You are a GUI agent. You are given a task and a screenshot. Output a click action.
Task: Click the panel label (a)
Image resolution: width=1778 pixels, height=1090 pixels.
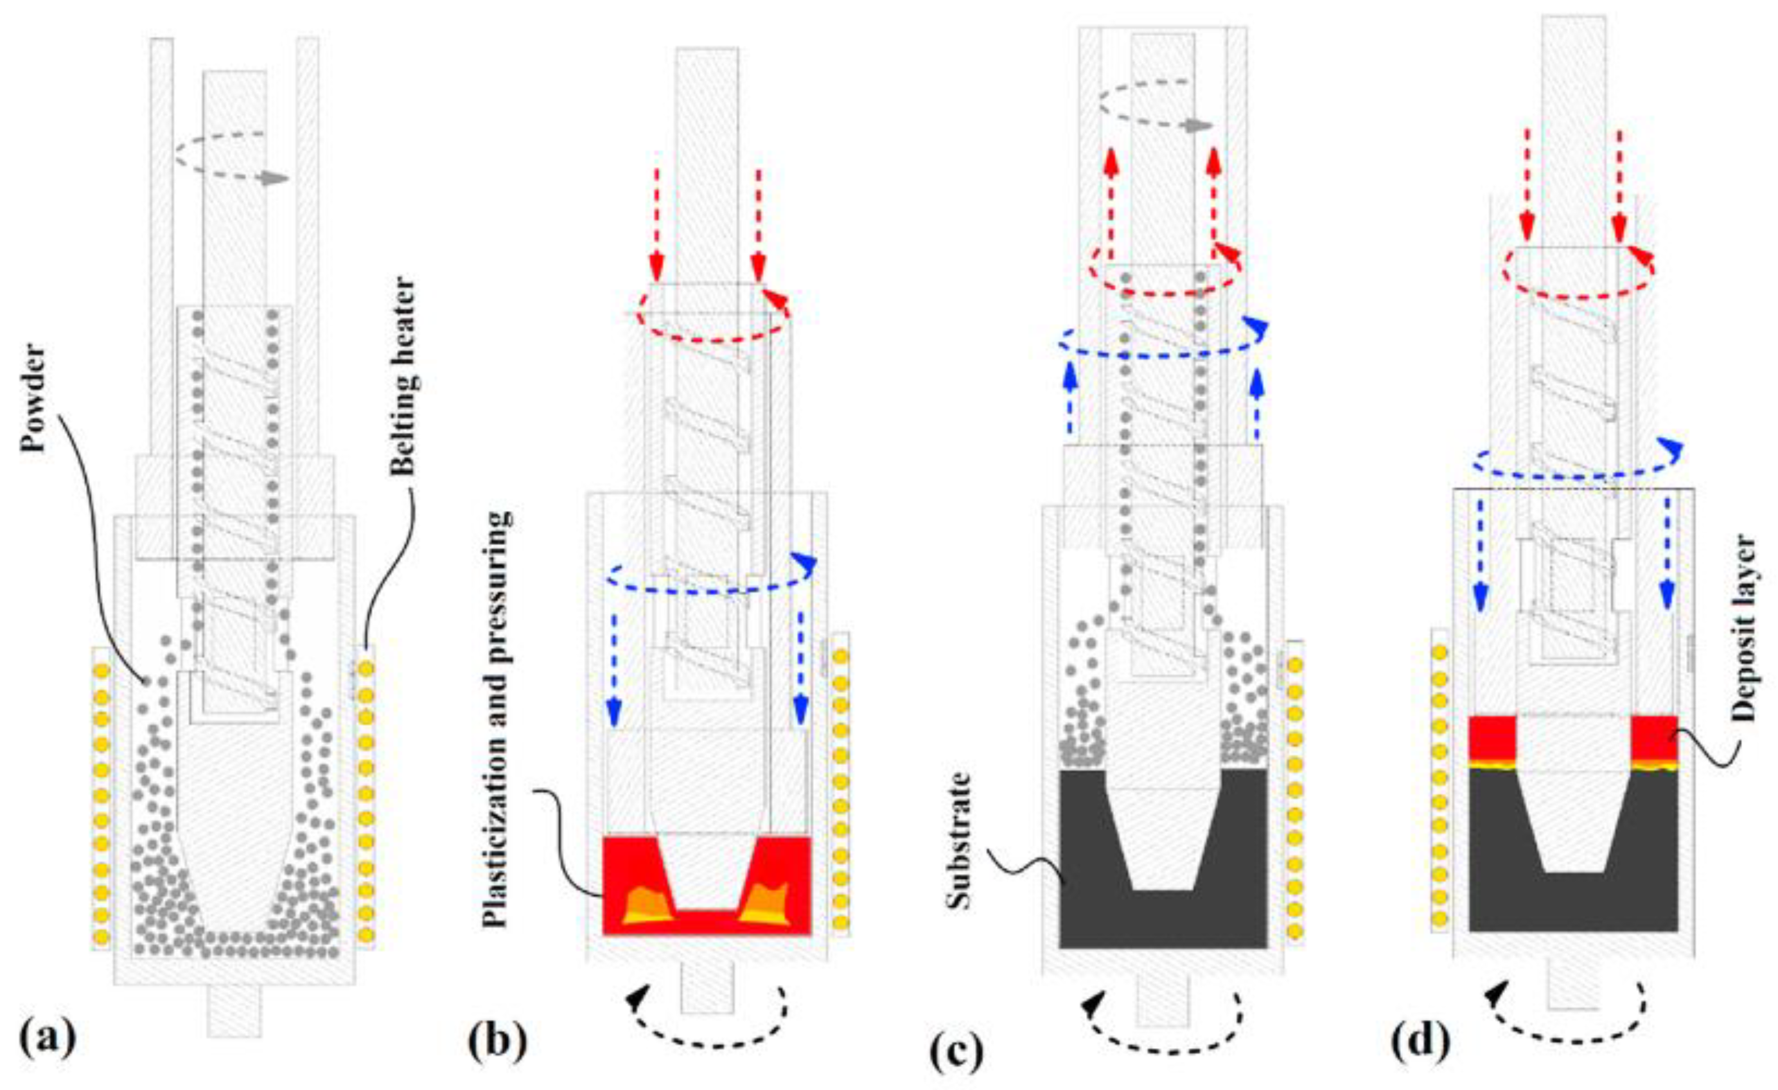click(x=48, y=1039)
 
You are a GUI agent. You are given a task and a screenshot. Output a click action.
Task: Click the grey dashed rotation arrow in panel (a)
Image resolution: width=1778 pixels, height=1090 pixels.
click(x=231, y=166)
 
